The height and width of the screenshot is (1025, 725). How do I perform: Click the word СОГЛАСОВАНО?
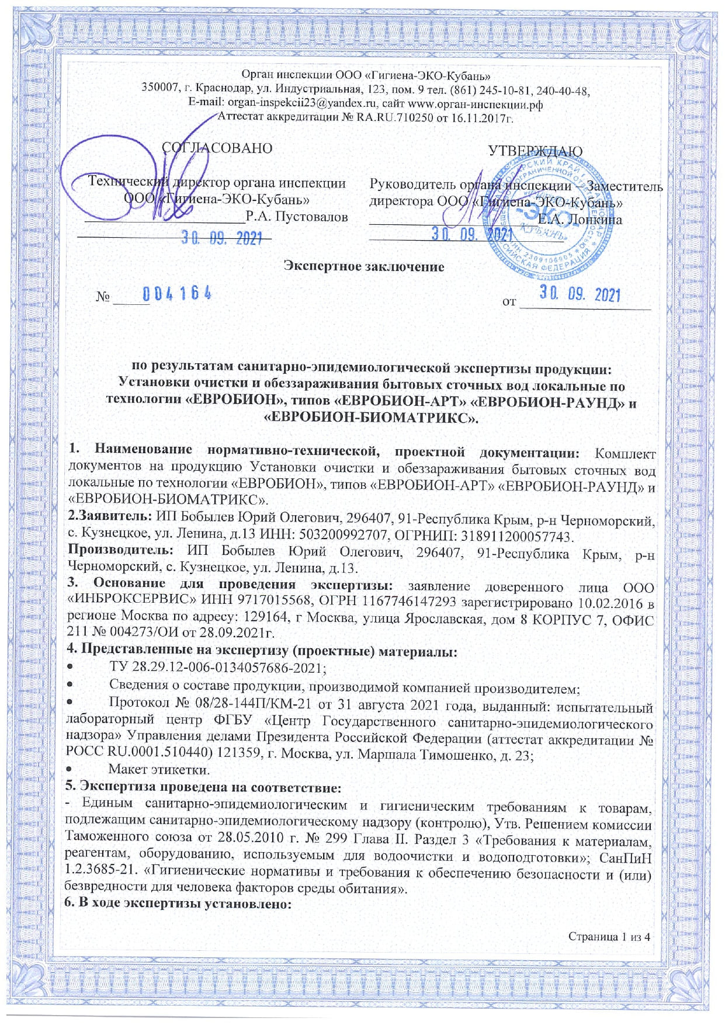point(217,148)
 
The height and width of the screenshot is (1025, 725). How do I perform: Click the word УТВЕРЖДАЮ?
point(535,151)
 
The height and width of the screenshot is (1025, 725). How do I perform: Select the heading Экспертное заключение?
point(363,267)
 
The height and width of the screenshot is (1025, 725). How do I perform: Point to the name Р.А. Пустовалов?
point(297,217)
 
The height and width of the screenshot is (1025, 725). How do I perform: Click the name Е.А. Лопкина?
point(580,220)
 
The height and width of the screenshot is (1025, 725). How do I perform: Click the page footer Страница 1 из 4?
point(609,937)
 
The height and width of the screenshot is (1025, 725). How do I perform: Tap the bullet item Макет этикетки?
point(159,769)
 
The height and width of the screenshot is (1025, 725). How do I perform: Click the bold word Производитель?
point(121,551)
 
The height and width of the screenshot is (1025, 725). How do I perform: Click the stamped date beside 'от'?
point(580,294)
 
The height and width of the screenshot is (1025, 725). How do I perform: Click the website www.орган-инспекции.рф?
point(475,104)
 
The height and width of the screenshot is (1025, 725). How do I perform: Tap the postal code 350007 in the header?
point(159,89)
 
